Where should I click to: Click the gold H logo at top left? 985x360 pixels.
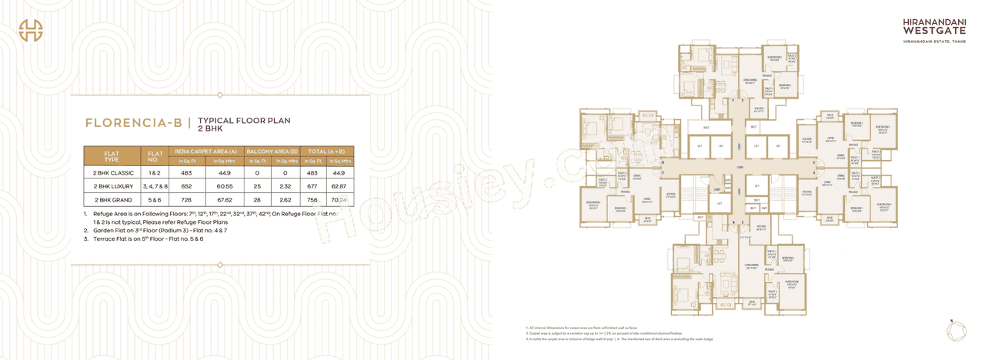tap(31, 30)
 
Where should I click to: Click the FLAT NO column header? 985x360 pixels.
tap(155, 157)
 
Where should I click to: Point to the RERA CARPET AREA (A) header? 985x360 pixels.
tap(205, 152)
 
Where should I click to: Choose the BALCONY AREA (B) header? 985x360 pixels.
tap(272, 152)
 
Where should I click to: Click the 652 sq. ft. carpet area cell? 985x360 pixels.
tap(186, 186)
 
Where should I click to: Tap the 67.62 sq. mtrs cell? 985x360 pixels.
tap(224, 200)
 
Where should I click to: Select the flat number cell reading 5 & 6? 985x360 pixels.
tap(155, 200)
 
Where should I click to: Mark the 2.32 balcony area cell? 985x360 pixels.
tap(285, 186)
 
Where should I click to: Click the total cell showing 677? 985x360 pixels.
tap(312, 186)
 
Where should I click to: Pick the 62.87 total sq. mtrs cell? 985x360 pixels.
tap(339, 186)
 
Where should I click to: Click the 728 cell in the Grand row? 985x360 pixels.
tap(186, 200)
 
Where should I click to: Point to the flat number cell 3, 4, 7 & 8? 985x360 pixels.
tap(155, 186)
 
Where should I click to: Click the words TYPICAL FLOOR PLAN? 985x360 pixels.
tap(244, 121)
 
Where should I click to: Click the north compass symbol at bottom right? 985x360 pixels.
tap(953, 329)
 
